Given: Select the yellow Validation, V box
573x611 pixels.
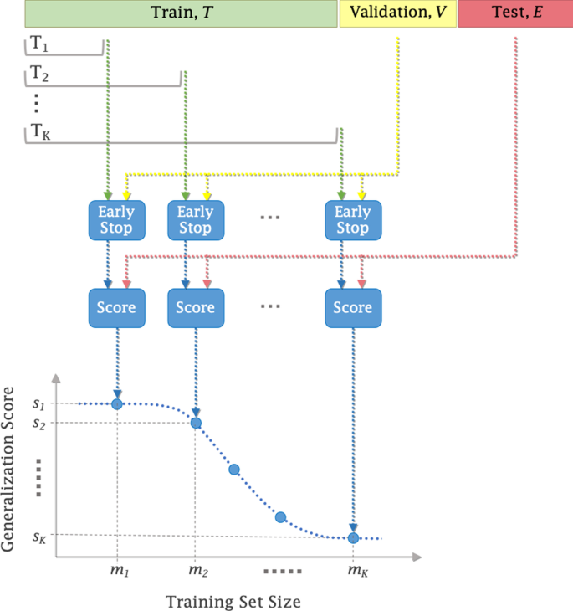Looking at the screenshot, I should tap(397, 13).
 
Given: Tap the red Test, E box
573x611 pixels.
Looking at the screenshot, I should tap(515, 13).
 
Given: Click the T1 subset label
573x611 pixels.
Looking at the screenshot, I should tap(39, 46).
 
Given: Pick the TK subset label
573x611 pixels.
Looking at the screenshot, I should tap(41, 133).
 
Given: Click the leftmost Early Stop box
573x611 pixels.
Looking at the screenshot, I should tap(116, 218).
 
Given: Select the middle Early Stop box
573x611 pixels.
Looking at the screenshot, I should tap(195, 218).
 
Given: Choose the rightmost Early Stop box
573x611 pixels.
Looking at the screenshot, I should tap(352, 218).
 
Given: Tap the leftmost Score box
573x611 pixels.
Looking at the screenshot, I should tap(116, 307).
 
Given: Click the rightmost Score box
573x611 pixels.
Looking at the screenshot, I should tap(352, 307).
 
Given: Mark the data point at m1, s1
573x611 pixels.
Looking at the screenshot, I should tap(117, 404).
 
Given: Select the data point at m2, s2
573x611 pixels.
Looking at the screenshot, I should tap(196, 423).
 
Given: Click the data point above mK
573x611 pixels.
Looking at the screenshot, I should tap(353, 537).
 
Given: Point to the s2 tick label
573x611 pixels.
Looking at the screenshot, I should tap(39, 424).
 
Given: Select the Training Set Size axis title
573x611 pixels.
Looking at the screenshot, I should tap(233, 600).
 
